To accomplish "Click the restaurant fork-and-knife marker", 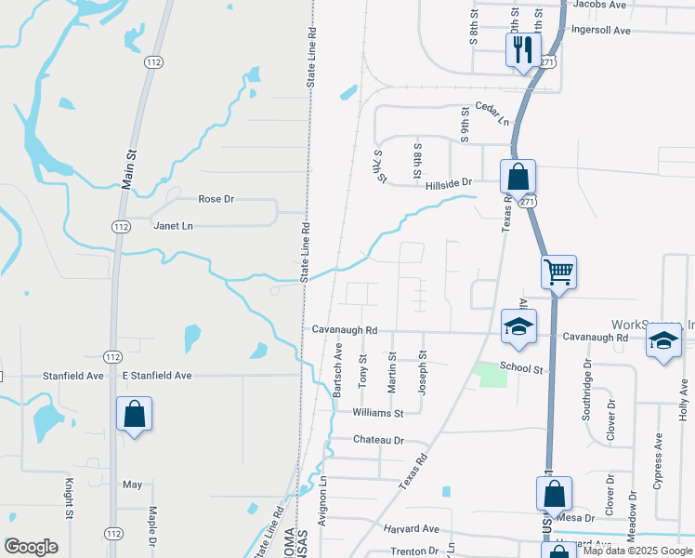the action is tap(521, 48).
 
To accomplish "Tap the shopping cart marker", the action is tap(559, 272).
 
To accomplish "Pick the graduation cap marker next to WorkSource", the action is tap(663, 341).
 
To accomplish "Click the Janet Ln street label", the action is tap(173, 226).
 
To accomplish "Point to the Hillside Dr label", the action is tap(450, 185).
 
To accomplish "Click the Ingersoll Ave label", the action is tap(602, 31).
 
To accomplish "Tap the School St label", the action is tap(520, 368).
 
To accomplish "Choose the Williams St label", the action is tap(378, 413).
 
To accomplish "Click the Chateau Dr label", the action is tap(379, 440).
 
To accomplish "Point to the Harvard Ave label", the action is tap(411, 528).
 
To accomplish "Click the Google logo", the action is tap(31, 546).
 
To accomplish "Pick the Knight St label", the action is tap(69, 498).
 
